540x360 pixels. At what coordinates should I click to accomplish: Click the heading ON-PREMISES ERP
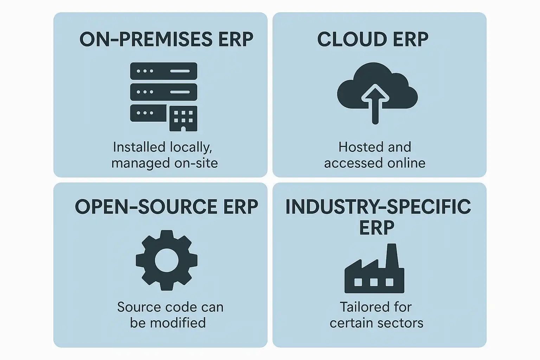tap(166, 39)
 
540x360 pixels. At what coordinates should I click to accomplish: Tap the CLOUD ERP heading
tap(373, 39)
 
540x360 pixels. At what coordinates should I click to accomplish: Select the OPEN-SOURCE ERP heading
tap(166, 207)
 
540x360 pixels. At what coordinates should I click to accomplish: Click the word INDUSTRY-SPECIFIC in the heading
tap(378, 207)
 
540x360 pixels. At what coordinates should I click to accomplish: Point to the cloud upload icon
tap(377, 88)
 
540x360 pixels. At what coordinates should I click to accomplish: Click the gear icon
tap(167, 261)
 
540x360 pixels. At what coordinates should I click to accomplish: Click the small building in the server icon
tap(183, 118)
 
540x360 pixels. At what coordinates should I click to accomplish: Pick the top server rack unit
tap(163, 71)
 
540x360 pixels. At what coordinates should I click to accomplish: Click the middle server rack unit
tap(163, 92)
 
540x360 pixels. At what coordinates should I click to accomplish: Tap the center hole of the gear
tap(167, 261)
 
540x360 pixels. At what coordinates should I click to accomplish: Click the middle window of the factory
tap(374, 282)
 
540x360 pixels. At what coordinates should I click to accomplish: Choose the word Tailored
tap(361, 307)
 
